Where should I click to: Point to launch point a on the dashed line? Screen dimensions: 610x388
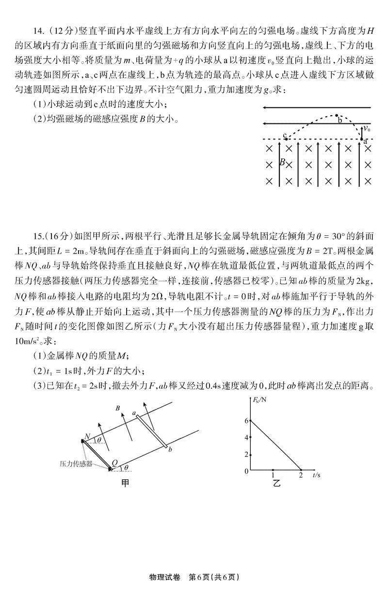(362, 139)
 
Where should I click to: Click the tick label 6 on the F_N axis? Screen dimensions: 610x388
(246, 420)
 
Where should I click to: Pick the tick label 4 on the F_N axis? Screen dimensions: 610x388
(246, 438)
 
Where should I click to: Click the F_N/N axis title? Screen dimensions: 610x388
(259, 400)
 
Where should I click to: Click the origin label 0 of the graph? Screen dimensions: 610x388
(246, 471)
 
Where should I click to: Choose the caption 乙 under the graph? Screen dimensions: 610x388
(276, 484)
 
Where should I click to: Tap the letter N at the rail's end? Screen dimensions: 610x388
(87, 436)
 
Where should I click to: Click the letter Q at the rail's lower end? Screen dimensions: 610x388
(114, 463)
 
